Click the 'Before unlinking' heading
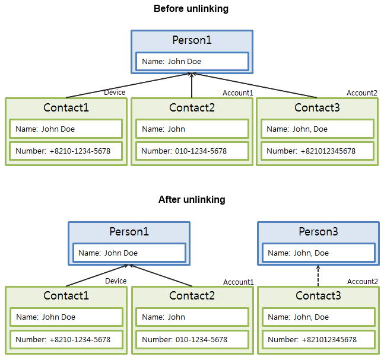(191, 9)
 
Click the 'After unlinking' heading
(192, 200)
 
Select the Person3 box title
(318, 231)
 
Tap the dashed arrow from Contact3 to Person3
(318, 275)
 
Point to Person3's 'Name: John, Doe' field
(318, 253)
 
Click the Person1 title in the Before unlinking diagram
(192, 40)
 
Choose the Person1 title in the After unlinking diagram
(129, 231)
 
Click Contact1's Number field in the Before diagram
(66, 151)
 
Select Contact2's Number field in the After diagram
(192, 340)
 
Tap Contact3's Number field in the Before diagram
(317, 151)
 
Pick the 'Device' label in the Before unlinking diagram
(115, 93)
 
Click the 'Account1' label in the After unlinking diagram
(239, 282)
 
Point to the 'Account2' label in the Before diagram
(362, 93)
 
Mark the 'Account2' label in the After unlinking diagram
(363, 282)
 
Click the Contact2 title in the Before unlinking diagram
(192, 107)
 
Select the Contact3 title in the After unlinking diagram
(318, 295)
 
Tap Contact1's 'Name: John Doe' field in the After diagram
(66, 317)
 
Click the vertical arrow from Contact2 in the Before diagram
(192, 86)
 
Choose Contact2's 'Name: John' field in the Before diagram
(192, 129)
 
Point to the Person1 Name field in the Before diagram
(192, 61)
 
